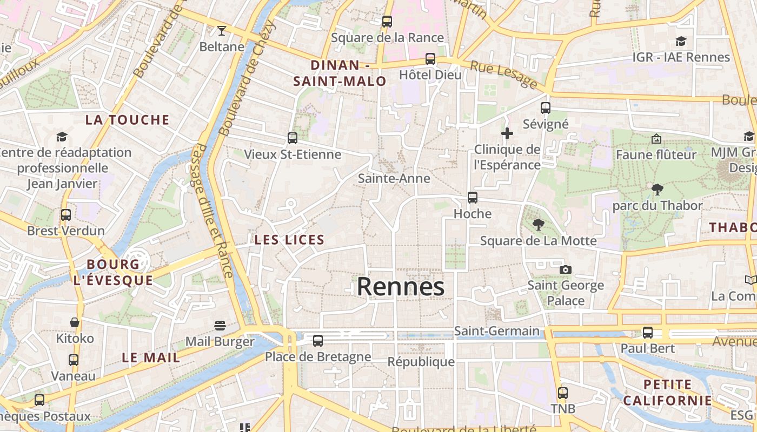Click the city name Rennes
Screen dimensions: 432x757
tap(400, 287)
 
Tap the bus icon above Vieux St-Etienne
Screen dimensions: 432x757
tap(293, 138)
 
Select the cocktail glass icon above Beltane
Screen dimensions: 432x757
tap(221, 31)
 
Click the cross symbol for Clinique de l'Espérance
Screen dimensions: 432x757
tap(507, 133)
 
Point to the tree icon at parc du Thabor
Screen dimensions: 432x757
tap(658, 189)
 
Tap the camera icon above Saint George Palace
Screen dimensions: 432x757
tap(566, 269)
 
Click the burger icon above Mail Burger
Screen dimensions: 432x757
tap(220, 325)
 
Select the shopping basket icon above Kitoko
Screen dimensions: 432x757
tap(75, 322)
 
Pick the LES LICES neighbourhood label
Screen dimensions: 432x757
tap(289, 240)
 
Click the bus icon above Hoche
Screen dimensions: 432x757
tap(473, 198)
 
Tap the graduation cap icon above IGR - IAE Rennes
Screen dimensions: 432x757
tap(681, 41)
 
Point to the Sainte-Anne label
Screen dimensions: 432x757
tap(394, 178)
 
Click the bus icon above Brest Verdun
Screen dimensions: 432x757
tap(66, 215)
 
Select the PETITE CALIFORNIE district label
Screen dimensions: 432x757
tap(667, 393)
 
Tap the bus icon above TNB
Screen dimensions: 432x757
tap(563, 393)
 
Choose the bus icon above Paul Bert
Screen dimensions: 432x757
tap(648, 333)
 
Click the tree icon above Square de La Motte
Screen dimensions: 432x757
tap(538, 224)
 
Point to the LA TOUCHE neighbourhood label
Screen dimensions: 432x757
tap(127, 120)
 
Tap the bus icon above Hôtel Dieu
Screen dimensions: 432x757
tap(430, 58)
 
